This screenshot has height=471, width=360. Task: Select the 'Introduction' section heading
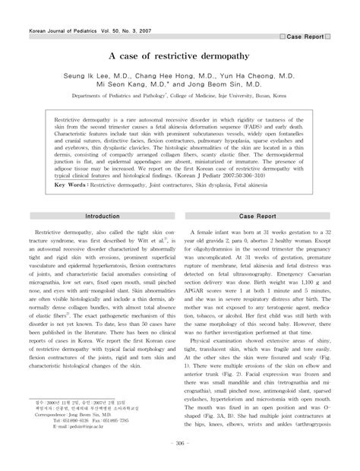[x=103, y=217]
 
